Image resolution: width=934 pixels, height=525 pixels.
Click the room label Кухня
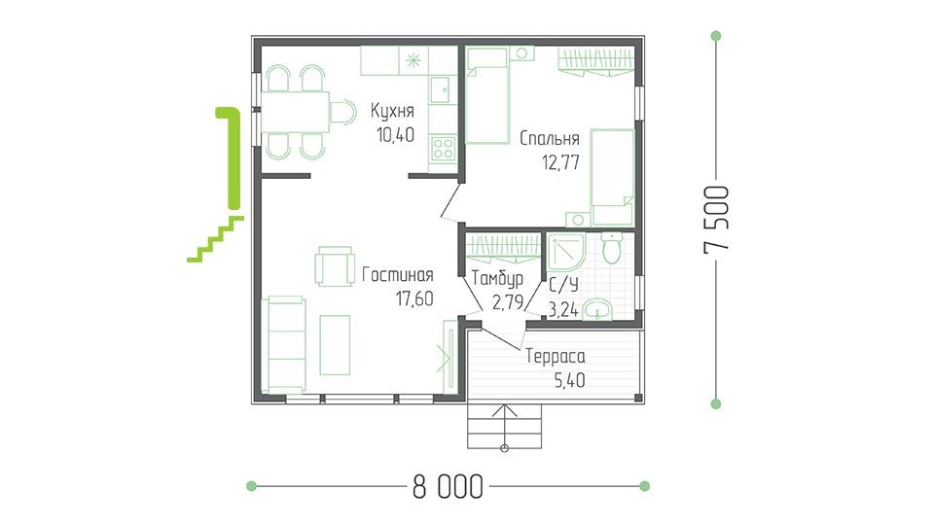[x=392, y=111]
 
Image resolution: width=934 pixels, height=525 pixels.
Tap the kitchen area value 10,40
[x=396, y=135]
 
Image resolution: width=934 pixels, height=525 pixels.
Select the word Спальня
[x=549, y=139]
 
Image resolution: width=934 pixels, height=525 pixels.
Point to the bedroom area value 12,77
[x=560, y=162]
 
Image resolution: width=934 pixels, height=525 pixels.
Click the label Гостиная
[x=397, y=275]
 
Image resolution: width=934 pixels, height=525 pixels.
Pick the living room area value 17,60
[x=414, y=298]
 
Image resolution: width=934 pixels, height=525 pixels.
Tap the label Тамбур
[x=497, y=279]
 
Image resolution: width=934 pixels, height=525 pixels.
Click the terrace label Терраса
[x=556, y=357]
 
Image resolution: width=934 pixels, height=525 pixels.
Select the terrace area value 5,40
[x=569, y=380]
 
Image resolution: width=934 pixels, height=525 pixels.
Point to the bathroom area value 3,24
[x=563, y=309]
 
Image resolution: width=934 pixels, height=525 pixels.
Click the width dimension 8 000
[x=448, y=487]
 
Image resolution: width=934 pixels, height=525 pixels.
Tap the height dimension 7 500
[x=716, y=220]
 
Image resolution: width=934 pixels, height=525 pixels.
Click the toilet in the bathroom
[x=612, y=248]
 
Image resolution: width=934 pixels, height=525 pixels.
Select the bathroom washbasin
[x=596, y=310]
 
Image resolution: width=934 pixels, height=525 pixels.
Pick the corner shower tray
[x=566, y=253]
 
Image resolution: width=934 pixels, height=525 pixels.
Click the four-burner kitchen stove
[x=443, y=148]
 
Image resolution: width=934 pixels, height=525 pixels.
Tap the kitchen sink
[x=441, y=89]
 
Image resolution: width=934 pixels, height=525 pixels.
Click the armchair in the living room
[x=334, y=266]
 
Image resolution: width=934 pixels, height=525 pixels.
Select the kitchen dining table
[x=296, y=111]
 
